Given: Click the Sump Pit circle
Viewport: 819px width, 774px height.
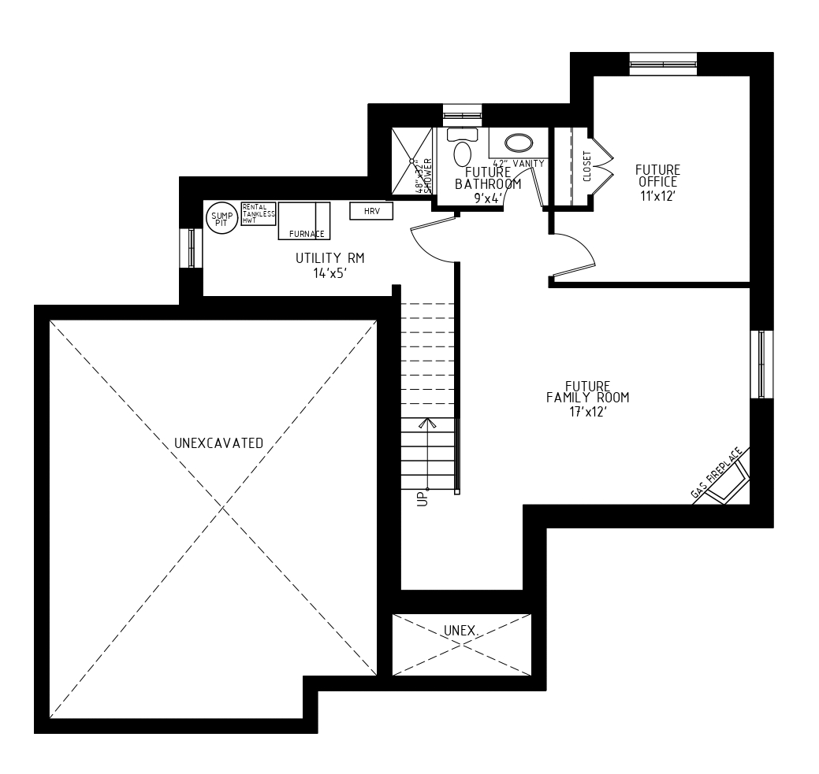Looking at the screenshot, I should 220,217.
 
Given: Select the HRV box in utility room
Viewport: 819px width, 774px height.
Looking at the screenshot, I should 371,211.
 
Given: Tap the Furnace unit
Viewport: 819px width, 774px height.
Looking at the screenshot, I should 303,220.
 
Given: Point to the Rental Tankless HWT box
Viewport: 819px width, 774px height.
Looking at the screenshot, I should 258,213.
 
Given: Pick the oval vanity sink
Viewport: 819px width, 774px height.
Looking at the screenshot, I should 518,143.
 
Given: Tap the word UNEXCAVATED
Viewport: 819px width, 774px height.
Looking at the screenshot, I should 218,443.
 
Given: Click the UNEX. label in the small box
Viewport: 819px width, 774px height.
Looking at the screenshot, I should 462,631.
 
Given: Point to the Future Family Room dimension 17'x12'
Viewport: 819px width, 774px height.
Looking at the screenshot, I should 587,410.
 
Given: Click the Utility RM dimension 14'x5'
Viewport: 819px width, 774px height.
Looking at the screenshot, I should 329,273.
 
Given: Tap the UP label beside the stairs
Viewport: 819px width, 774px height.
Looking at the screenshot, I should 422,498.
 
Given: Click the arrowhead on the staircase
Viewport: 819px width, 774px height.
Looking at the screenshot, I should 428,424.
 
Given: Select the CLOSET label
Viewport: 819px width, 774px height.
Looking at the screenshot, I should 587,166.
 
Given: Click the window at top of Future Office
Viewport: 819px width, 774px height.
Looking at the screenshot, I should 663,64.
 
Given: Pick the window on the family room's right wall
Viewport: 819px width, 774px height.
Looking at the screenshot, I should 761,365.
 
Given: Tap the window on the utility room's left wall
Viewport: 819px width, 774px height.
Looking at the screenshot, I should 191,248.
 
